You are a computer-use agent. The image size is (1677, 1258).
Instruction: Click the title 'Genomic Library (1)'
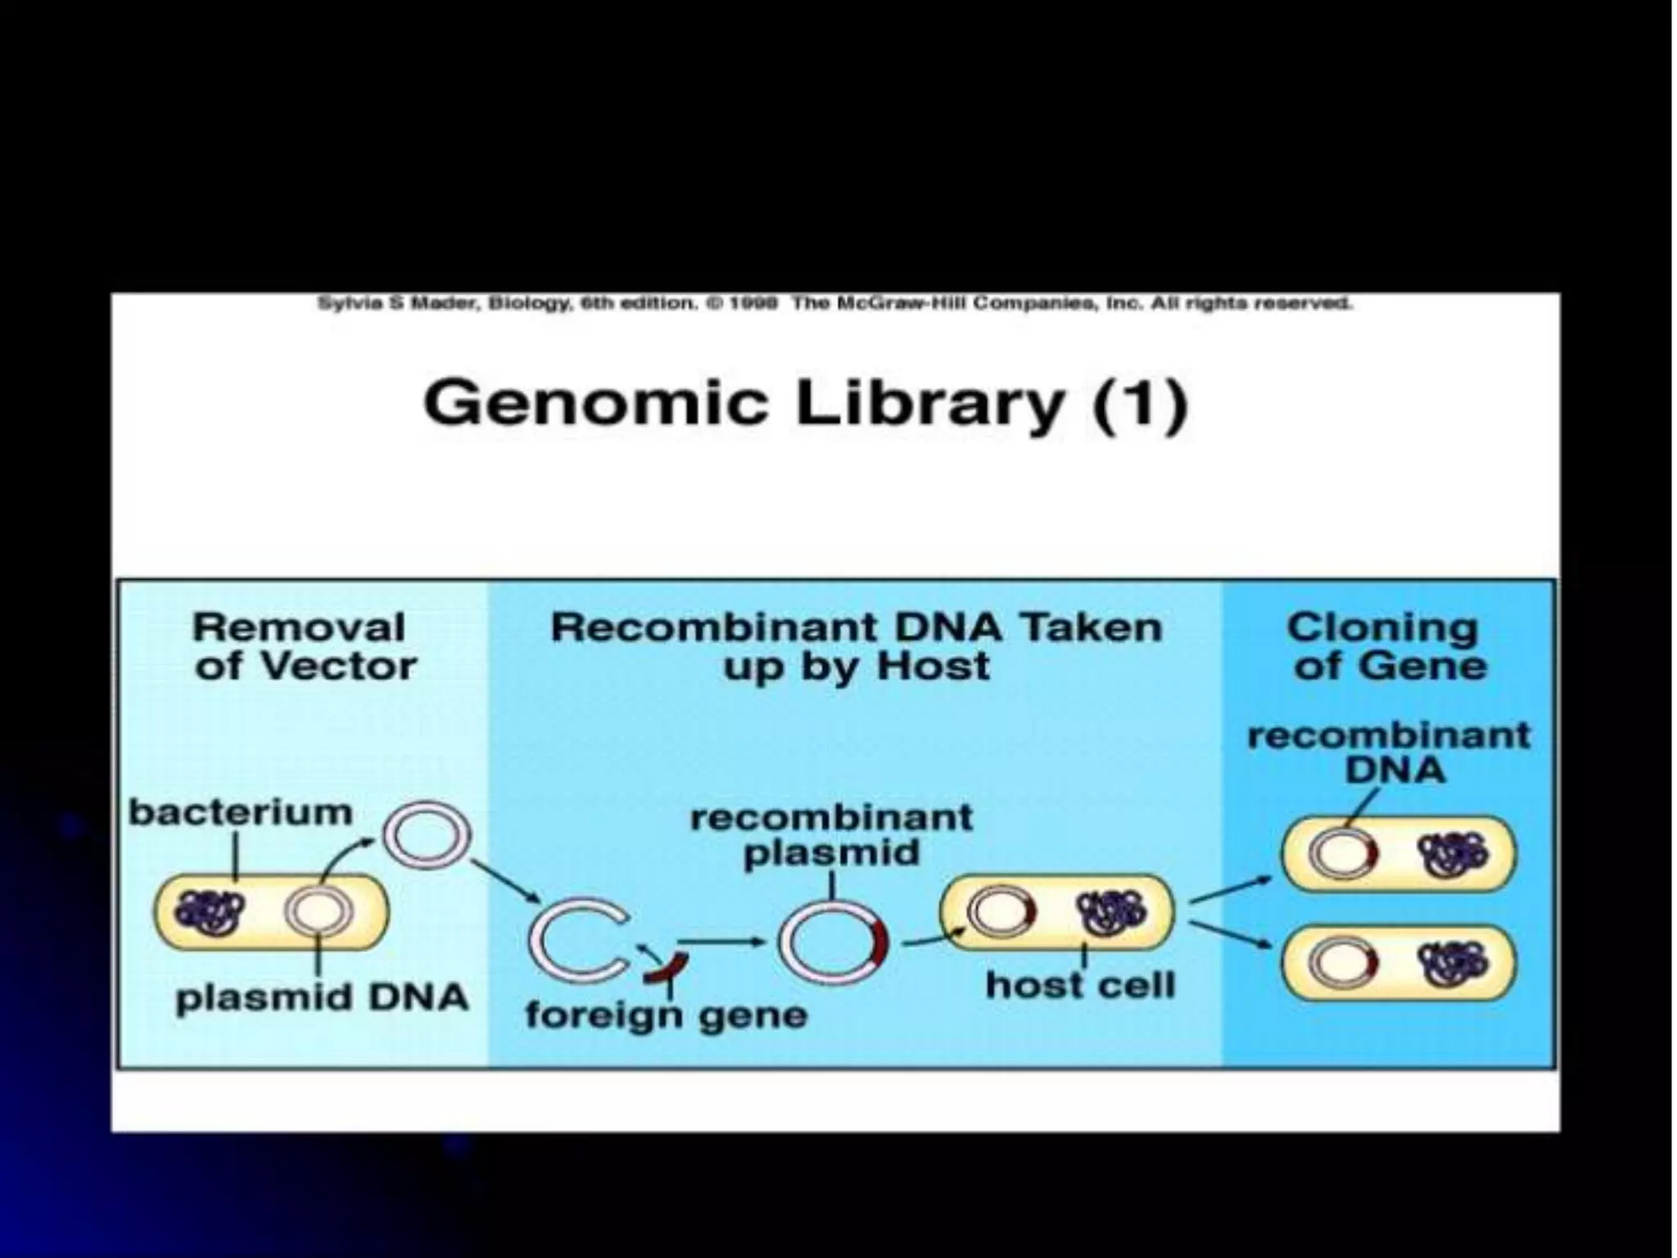pyautogui.click(x=806, y=404)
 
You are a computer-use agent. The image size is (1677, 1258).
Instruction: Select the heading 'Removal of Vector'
pyautogui.click(x=303, y=647)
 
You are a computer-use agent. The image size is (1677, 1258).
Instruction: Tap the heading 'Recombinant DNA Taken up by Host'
pyautogui.click(x=856, y=647)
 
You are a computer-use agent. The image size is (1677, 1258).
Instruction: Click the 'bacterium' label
pyautogui.click(x=241, y=813)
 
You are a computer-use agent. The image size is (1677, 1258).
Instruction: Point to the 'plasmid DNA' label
pyautogui.click(x=322, y=998)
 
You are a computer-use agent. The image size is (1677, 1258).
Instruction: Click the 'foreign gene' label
pyautogui.click(x=666, y=1016)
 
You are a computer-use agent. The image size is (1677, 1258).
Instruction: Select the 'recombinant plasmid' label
pyautogui.click(x=831, y=835)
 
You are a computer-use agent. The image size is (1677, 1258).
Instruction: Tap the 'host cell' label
pyautogui.click(x=1079, y=985)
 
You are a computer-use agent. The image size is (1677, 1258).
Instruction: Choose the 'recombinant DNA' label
pyautogui.click(x=1390, y=753)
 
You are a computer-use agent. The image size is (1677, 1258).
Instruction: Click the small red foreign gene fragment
pyautogui.click(x=665, y=970)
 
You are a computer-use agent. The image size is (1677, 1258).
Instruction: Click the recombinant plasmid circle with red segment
pyautogui.click(x=831, y=942)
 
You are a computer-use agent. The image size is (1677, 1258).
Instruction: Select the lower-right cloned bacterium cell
pyautogui.click(x=1399, y=962)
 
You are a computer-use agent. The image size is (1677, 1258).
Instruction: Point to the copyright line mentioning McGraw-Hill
pyautogui.click(x=835, y=304)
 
